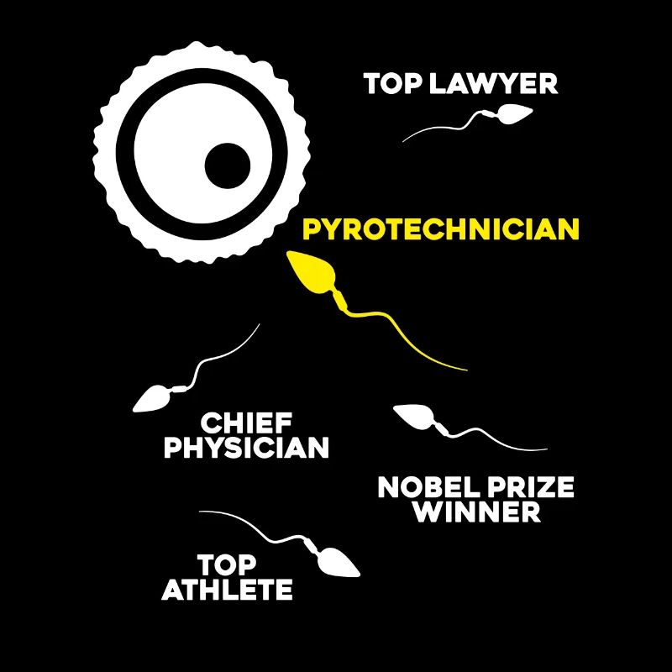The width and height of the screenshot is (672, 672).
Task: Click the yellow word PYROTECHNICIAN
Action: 441,229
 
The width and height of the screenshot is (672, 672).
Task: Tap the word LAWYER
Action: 493,83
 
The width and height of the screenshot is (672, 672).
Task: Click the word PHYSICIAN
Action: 246,448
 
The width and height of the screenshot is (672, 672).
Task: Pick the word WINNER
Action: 478,512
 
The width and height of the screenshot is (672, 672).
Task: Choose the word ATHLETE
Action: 227,590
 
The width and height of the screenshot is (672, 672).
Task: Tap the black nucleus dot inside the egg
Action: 228,165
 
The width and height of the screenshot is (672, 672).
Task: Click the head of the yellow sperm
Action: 311,272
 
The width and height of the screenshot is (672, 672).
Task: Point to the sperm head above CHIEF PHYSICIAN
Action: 151,399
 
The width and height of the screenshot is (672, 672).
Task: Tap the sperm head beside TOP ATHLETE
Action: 339,562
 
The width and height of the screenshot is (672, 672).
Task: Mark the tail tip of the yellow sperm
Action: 467,370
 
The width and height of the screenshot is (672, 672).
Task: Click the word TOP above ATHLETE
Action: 227,564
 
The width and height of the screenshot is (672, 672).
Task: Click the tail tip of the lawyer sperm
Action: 403,141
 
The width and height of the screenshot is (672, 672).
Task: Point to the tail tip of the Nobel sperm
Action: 548,449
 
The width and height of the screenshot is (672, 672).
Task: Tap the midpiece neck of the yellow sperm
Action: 341,299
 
